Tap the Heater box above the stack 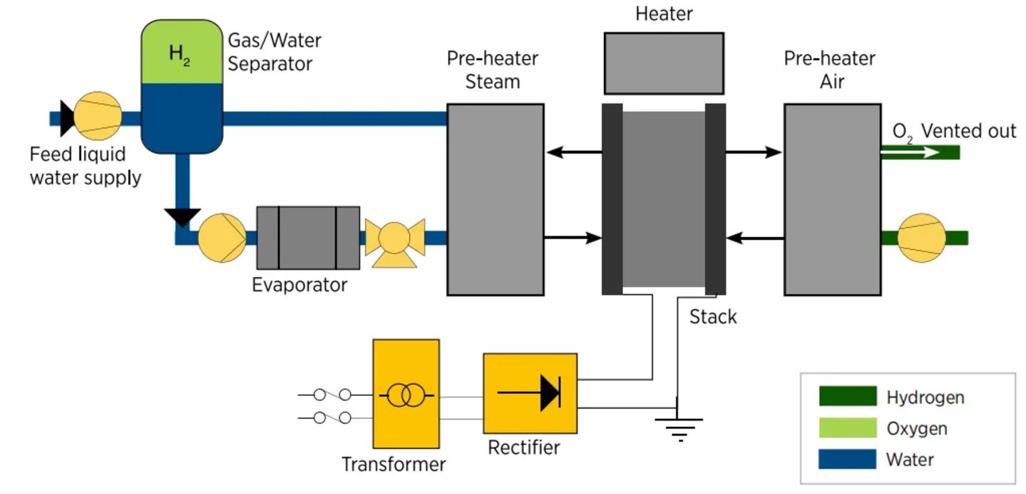click(664, 63)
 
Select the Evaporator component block click(307, 238)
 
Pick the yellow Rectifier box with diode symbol click(530, 393)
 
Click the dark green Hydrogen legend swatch click(847, 396)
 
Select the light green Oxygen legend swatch click(847, 428)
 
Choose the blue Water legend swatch click(847, 458)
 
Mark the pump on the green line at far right click(921, 237)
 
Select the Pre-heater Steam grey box click(496, 199)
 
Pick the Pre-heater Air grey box click(832, 199)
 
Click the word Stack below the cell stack click(713, 317)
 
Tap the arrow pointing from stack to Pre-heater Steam click(574, 151)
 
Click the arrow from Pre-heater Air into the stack click(754, 237)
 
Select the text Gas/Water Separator click(270, 51)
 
